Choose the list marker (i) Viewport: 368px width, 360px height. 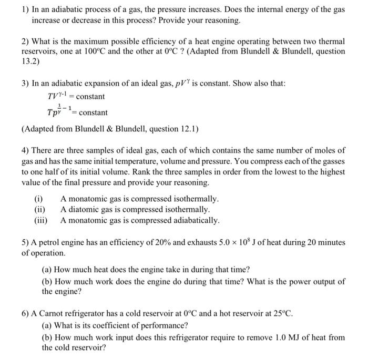[39, 199]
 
